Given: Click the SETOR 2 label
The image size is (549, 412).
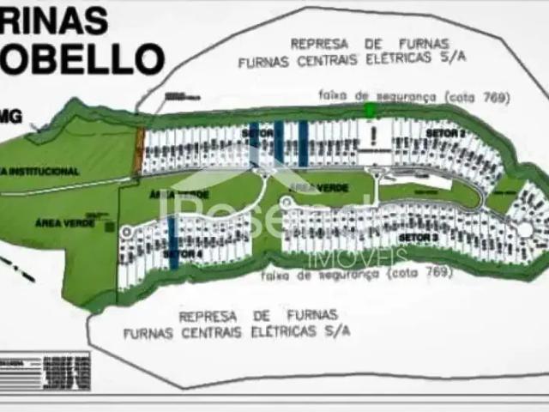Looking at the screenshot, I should (449, 135).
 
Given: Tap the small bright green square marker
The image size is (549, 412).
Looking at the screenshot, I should (370, 110).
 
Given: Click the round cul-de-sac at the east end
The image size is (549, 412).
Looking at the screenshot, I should (524, 229).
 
